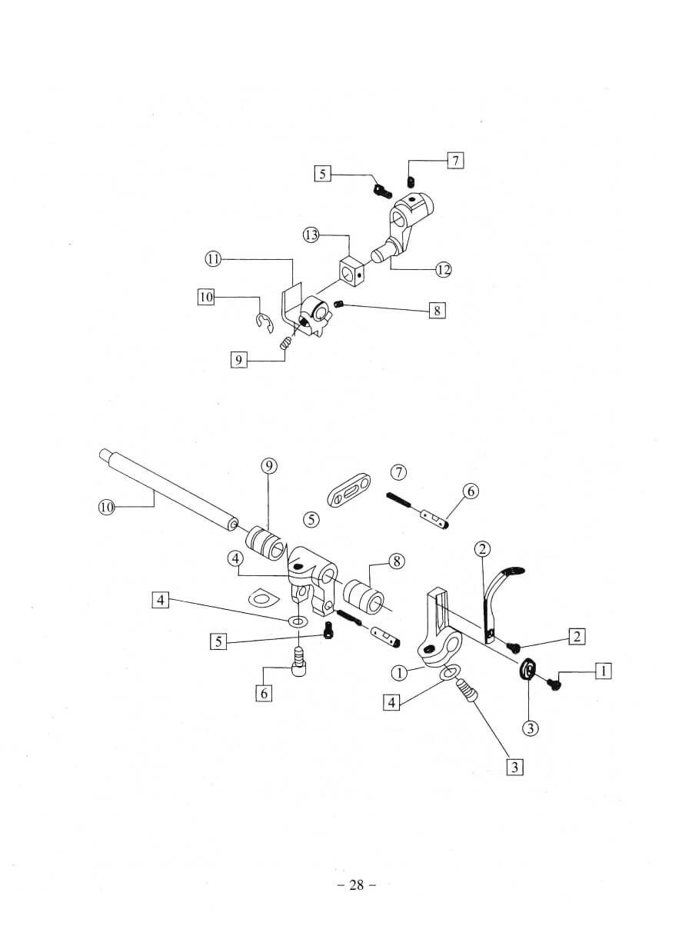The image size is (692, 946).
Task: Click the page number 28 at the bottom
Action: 356,884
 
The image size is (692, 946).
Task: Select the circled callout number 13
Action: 311,235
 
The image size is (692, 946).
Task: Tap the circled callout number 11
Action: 213,259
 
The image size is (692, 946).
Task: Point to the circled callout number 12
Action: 443,269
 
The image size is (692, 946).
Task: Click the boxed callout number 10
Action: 205,297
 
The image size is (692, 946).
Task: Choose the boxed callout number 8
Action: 436,311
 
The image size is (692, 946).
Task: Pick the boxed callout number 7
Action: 455,161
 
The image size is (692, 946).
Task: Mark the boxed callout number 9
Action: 239,359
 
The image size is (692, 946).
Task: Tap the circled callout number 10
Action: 106,506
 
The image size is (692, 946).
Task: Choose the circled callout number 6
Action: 471,491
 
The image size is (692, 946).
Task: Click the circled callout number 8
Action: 397,561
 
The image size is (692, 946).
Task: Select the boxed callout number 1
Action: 604,671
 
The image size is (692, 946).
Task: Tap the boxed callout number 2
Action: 576,635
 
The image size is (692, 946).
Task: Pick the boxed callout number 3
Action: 514,767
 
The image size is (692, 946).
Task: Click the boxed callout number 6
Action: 264,693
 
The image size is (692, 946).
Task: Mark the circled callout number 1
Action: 398,673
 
